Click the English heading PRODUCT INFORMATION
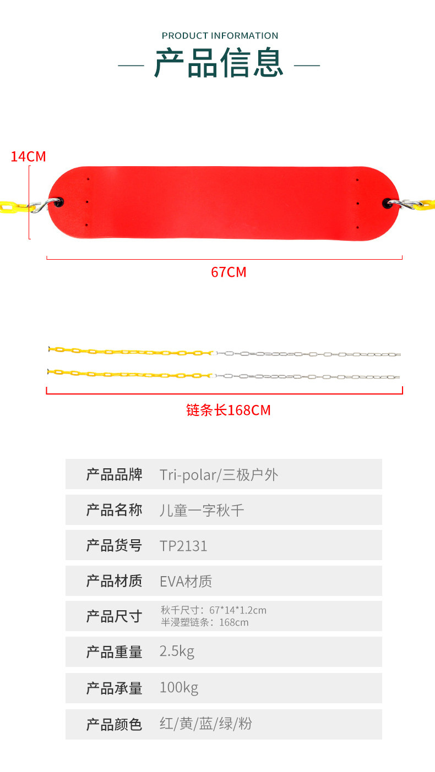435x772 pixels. coord(220,36)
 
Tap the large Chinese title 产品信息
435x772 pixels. coord(219,63)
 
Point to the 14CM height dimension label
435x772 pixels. coord(28,157)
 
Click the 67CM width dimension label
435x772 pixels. coord(229,272)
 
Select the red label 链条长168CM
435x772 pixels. coord(229,410)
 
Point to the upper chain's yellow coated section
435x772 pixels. coord(132,351)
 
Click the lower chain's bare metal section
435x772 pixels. coord(308,377)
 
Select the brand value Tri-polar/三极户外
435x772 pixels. coord(219,474)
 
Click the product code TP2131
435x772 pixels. coord(183,545)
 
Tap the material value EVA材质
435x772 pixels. coord(186,581)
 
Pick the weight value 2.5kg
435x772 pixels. coord(177,652)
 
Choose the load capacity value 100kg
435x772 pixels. coord(178,688)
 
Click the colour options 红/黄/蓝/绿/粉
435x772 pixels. coord(205,724)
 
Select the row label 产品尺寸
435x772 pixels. coord(114,616)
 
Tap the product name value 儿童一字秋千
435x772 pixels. coord(202,510)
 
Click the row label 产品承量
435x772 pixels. coord(114,688)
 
